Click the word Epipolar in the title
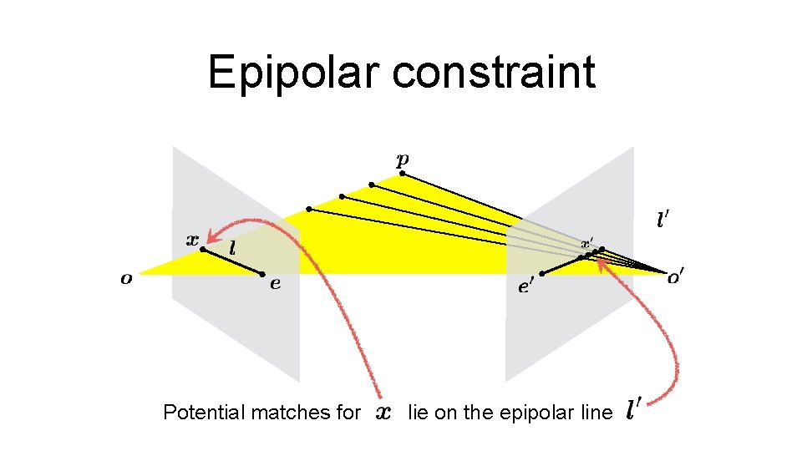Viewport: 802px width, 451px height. click(x=294, y=72)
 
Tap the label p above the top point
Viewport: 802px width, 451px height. click(x=403, y=159)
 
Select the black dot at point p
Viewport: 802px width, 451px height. click(x=402, y=174)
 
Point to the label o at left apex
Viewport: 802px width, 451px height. click(x=126, y=279)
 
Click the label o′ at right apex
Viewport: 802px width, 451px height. click(x=675, y=279)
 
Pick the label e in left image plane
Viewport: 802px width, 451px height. click(x=275, y=284)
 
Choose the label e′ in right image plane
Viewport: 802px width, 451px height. click(x=525, y=287)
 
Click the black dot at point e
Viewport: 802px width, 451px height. click(x=262, y=274)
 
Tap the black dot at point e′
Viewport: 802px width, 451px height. click(x=542, y=274)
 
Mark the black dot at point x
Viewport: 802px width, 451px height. click(x=203, y=249)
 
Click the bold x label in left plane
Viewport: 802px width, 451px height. click(x=191, y=239)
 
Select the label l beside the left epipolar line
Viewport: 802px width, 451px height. click(x=231, y=248)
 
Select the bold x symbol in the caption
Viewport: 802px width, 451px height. click(x=383, y=412)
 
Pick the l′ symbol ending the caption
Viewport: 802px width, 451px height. click(x=634, y=410)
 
